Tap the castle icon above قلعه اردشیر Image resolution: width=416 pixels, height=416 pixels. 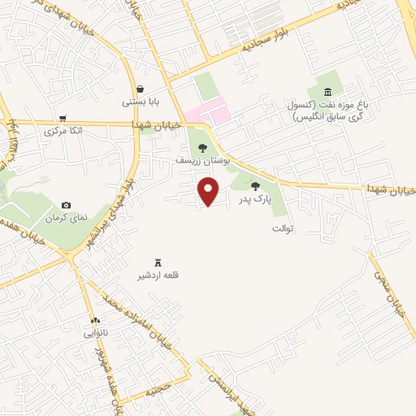[158, 262]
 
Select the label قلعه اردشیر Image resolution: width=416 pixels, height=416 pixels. [158, 275]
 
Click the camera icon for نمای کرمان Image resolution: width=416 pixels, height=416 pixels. [66, 206]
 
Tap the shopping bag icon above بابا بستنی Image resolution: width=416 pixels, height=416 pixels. [141, 89]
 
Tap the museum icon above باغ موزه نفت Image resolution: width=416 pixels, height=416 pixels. [327, 91]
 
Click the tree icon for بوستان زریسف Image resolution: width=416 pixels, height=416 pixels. [202, 148]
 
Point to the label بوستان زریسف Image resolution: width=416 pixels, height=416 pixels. [202, 161]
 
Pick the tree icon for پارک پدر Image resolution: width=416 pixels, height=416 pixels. [255, 186]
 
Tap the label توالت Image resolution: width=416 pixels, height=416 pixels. [288, 227]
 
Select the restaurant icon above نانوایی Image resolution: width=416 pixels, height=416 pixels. [95, 321]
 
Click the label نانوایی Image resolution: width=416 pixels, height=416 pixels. [95, 334]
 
